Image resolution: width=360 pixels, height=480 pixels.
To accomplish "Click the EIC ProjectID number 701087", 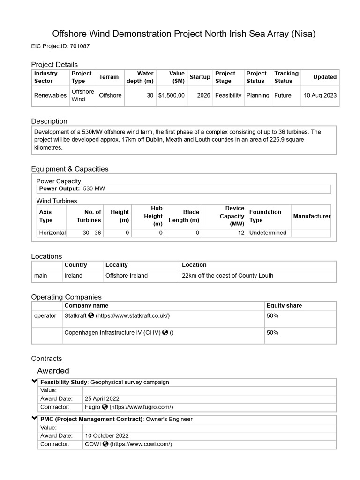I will (x=80, y=46).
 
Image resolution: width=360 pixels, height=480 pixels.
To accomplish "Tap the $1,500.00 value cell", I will (x=171, y=95).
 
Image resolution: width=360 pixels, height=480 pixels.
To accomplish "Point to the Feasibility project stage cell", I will (x=228, y=95).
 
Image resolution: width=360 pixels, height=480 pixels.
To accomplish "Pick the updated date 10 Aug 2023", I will (x=320, y=95).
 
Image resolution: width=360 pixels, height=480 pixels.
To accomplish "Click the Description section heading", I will (x=49, y=121).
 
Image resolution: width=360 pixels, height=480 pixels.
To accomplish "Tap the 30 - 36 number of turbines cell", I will (x=91, y=233).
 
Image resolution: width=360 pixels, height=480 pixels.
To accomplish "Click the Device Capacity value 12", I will (x=241, y=233).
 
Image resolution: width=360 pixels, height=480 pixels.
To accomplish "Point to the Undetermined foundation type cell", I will (x=268, y=233).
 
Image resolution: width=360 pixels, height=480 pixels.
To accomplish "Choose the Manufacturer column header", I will (x=311, y=216).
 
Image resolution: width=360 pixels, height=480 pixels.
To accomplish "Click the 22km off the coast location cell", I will (x=227, y=276).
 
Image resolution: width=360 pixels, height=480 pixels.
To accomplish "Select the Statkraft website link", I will (x=132, y=316).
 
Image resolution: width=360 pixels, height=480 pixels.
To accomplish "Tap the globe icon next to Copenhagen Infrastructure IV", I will (x=165, y=333).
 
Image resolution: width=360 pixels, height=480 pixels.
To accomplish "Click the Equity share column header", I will (x=284, y=306).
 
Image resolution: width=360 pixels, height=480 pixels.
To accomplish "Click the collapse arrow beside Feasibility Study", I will (x=34, y=382).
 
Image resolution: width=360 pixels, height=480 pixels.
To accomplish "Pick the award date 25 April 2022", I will (x=102, y=399).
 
